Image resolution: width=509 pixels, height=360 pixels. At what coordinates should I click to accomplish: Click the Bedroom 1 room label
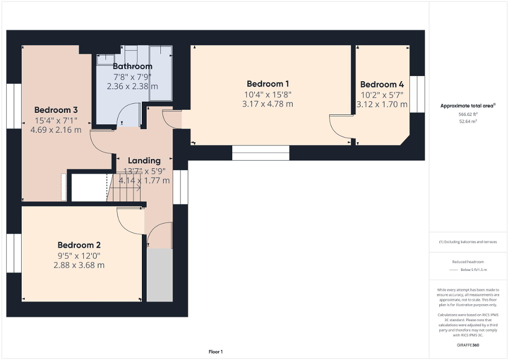(267, 84)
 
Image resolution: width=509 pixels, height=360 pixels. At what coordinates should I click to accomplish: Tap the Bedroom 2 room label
(79, 245)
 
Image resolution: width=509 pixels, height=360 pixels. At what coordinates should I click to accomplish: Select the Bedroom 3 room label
(56, 110)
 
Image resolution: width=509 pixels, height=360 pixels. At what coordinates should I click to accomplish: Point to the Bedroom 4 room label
(382, 84)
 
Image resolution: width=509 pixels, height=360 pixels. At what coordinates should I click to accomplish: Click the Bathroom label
(132, 66)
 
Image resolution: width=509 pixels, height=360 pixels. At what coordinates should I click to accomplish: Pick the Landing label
(144, 160)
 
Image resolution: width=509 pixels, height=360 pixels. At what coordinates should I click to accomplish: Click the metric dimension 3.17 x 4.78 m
(267, 104)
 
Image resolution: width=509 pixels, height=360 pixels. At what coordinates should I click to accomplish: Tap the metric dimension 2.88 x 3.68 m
(79, 265)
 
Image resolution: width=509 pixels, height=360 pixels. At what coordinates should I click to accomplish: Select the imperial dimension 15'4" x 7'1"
(56, 120)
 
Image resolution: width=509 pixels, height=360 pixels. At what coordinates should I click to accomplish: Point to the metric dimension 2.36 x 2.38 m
(132, 86)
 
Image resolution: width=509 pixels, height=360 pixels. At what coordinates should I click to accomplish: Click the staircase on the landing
(125, 188)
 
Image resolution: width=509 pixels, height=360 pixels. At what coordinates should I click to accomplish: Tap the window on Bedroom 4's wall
(417, 94)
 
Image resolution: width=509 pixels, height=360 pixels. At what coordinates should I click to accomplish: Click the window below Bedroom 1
(261, 153)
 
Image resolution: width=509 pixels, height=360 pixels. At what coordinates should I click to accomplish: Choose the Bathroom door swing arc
(127, 115)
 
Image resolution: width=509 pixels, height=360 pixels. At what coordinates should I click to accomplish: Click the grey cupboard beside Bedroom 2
(159, 275)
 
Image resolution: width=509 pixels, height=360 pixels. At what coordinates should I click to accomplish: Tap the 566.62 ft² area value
(468, 113)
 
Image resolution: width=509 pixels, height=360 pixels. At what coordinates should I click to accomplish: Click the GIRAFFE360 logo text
(468, 345)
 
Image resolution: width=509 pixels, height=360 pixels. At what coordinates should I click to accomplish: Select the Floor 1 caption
(215, 352)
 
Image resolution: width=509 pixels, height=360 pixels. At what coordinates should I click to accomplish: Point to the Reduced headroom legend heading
(468, 262)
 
